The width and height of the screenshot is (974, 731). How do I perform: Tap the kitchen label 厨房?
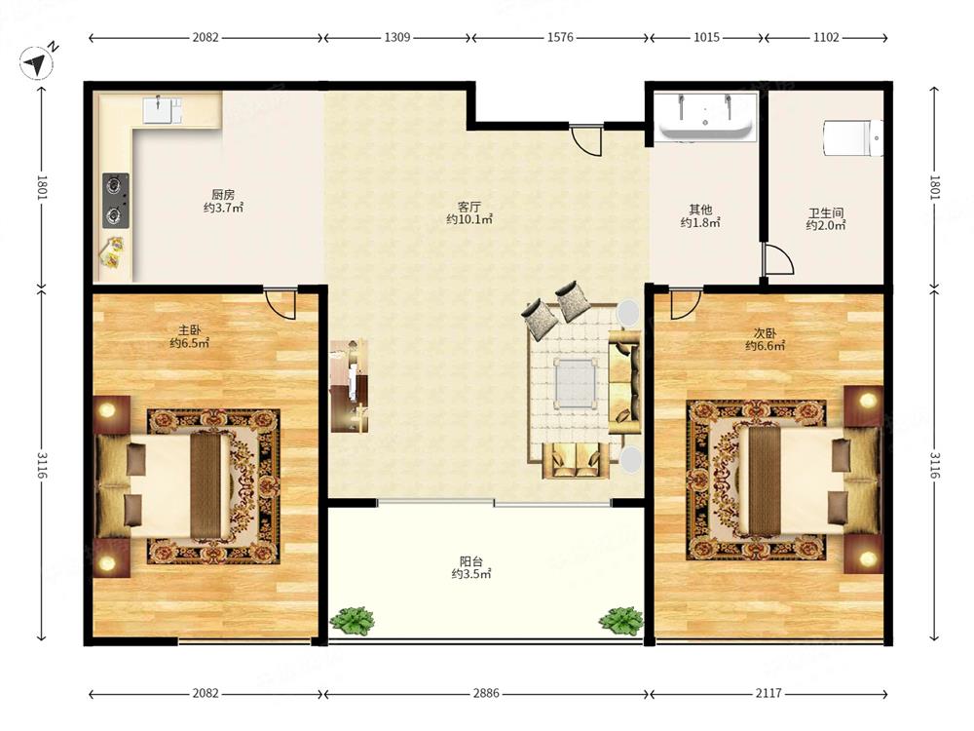[223, 195]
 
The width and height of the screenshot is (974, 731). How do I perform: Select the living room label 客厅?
[469, 207]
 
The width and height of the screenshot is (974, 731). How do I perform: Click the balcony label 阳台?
[470, 561]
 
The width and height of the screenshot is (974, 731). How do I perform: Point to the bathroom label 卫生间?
[826, 213]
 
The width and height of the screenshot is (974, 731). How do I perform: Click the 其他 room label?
[700, 211]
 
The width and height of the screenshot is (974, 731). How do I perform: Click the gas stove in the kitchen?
[116, 200]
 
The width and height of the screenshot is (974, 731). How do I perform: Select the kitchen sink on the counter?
[162, 110]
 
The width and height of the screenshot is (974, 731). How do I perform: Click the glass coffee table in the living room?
[576, 383]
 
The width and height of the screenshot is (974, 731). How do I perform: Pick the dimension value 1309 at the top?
[397, 37]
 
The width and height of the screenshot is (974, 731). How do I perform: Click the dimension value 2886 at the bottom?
[486, 693]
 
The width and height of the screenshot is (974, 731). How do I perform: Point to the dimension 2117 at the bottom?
[768, 693]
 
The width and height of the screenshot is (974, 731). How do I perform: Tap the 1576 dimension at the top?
[560, 37]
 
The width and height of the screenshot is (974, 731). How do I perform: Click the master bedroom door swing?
[281, 303]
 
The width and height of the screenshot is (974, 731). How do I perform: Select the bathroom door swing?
[779, 259]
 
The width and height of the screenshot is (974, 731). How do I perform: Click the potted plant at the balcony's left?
[352, 620]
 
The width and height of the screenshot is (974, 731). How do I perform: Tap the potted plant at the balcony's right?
[620, 620]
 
